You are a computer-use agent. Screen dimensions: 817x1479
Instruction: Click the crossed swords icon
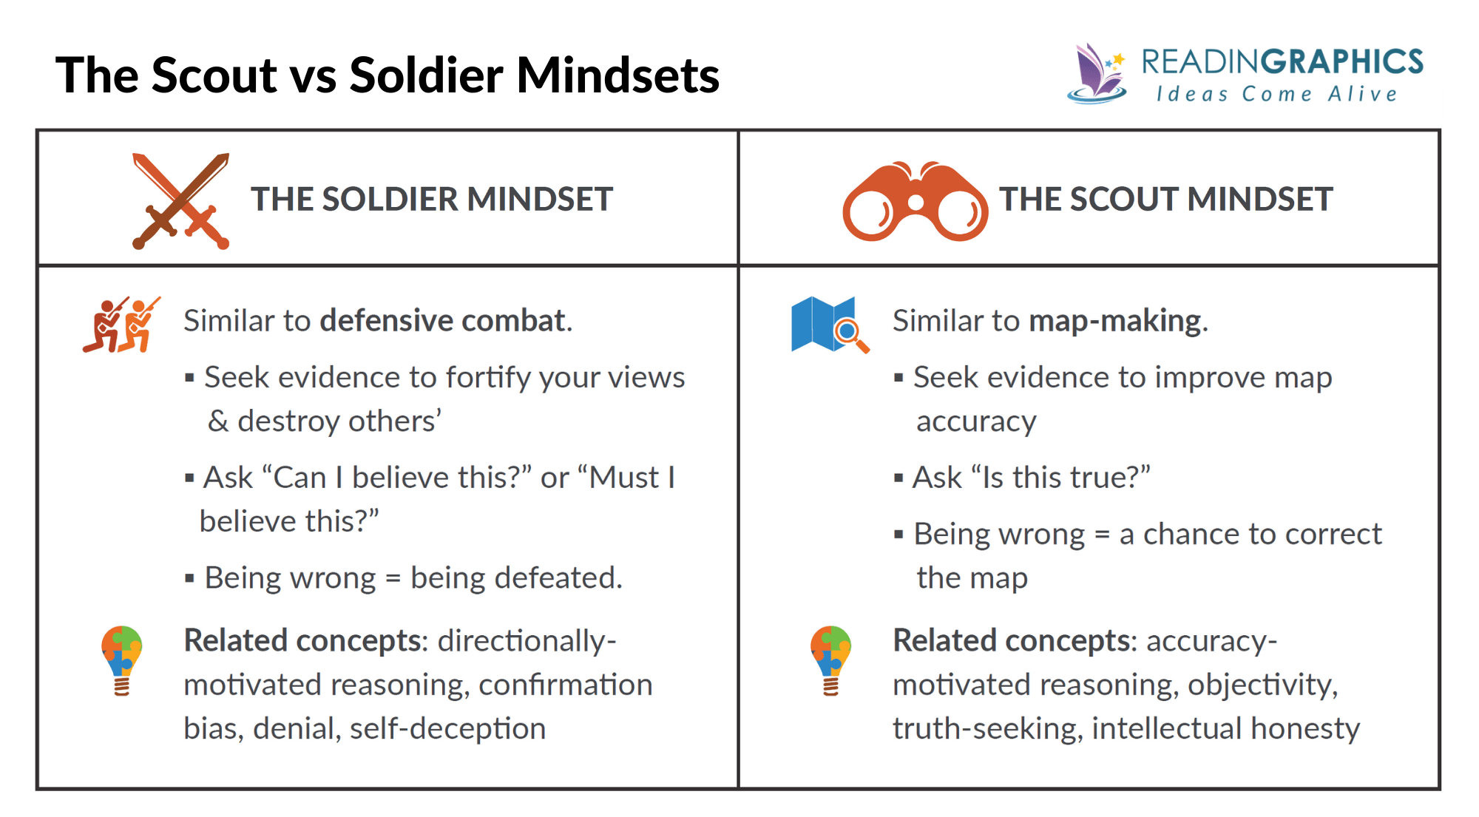tap(180, 201)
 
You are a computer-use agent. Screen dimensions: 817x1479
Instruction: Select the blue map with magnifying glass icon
tap(828, 325)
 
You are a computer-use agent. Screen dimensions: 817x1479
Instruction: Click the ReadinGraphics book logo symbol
tap(1097, 73)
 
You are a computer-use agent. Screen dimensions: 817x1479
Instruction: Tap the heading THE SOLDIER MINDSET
tap(432, 200)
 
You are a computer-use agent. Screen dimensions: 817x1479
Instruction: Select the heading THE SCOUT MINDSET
tap(1165, 200)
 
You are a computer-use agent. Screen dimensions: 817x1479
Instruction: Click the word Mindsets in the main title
tap(617, 75)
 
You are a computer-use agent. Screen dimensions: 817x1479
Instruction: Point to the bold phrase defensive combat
tap(443, 321)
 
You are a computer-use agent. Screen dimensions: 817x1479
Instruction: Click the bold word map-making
tap(1115, 321)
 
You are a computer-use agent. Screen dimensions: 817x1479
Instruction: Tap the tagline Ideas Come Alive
tap(1277, 95)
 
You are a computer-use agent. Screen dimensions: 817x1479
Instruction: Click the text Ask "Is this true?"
tap(1031, 478)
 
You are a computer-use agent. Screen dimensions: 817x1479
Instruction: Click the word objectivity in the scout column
tap(1262, 685)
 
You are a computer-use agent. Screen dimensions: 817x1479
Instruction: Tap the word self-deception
tap(447, 729)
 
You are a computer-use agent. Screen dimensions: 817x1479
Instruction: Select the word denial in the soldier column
tap(295, 729)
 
